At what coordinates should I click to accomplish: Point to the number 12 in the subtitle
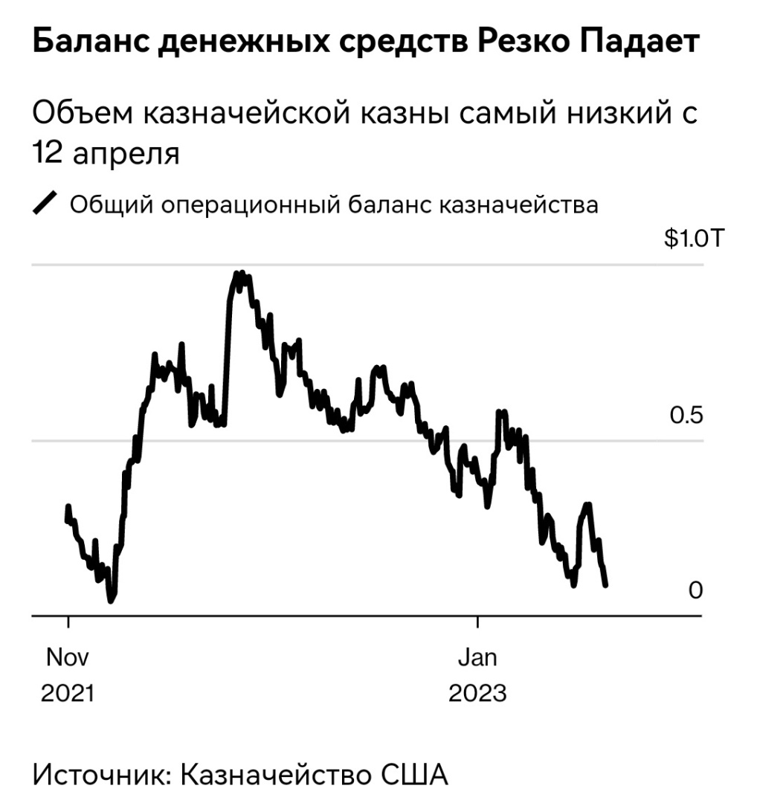pyautogui.click(x=47, y=155)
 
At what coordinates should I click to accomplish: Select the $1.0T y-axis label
pyautogui.click(x=692, y=239)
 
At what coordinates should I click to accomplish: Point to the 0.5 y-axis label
pyautogui.click(x=686, y=416)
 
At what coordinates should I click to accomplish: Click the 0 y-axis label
pyautogui.click(x=695, y=590)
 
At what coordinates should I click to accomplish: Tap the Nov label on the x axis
pyautogui.click(x=68, y=657)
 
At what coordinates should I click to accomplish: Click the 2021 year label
pyautogui.click(x=68, y=693)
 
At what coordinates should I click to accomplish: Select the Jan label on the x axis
pyautogui.click(x=477, y=657)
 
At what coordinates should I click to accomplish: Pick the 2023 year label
pyautogui.click(x=477, y=693)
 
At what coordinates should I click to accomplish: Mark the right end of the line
pyautogui.click(x=606, y=585)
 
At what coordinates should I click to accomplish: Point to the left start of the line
pyautogui.click(x=68, y=507)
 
